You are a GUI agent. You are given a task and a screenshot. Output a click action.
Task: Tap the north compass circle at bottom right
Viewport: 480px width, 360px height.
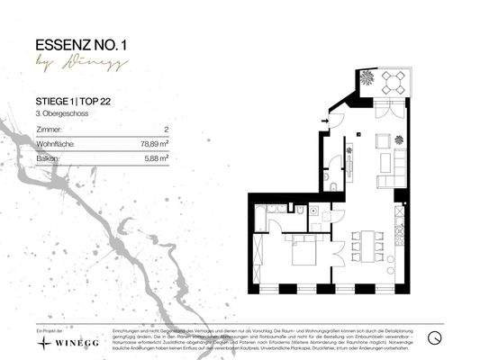(434, 337)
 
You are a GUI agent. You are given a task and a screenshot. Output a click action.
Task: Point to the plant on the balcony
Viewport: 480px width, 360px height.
(368, 78)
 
